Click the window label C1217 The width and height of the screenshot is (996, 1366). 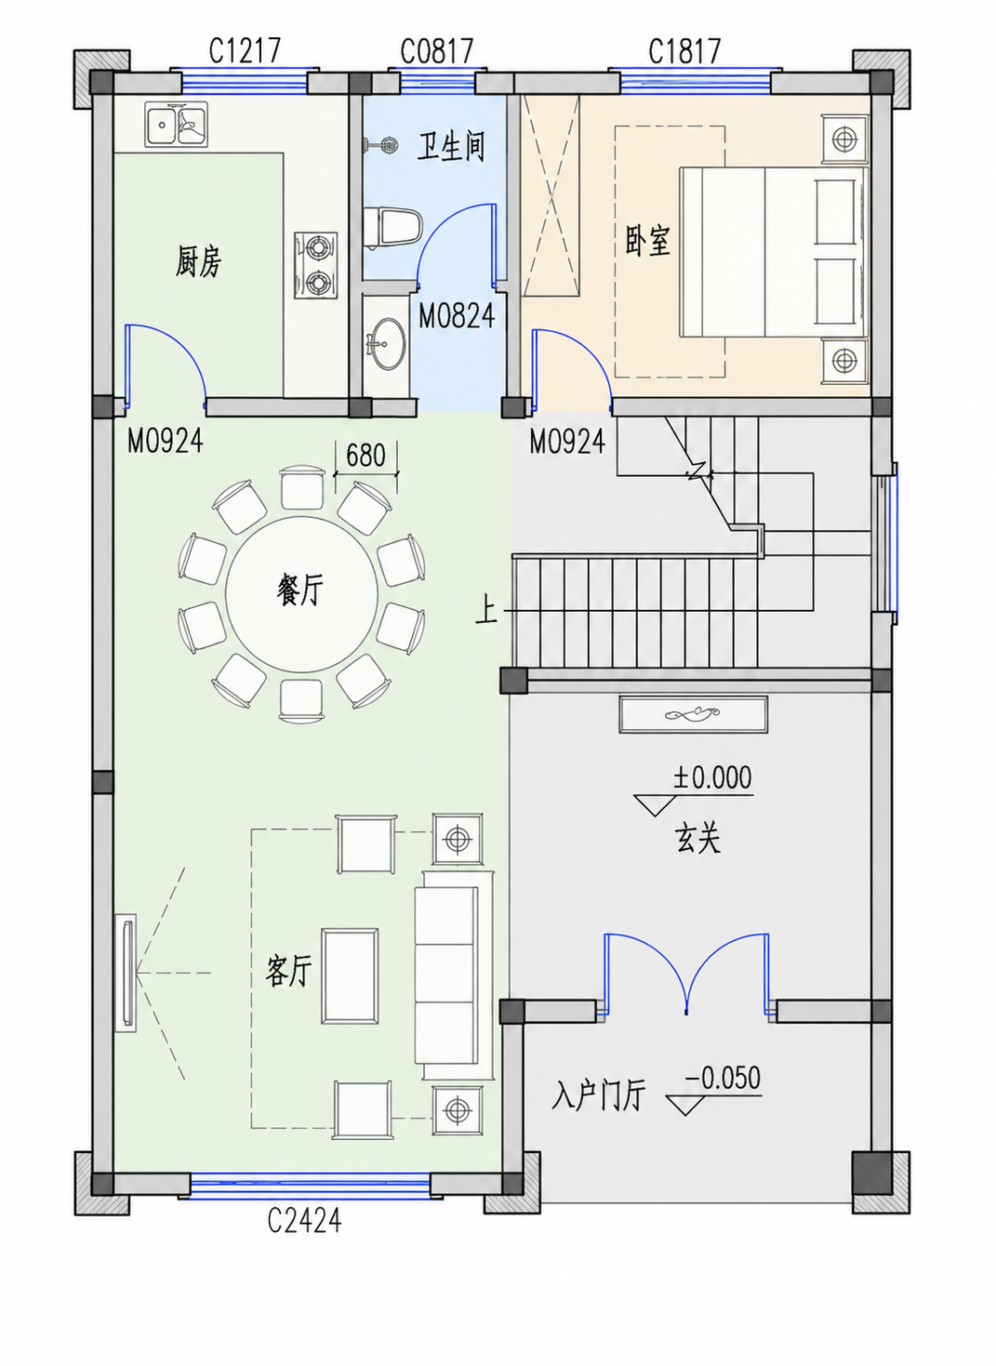245,50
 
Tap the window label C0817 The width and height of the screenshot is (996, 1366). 437,51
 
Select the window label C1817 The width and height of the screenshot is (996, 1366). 684,51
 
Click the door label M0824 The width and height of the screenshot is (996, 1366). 457,316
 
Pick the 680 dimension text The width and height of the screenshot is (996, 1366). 366,455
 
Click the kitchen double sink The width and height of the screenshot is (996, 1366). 177,125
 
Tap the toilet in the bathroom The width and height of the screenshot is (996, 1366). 392,228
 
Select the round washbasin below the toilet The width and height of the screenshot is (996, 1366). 387,343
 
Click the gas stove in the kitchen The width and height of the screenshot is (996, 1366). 316,265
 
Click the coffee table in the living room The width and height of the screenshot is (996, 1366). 350,975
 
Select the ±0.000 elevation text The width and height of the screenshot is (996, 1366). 712,778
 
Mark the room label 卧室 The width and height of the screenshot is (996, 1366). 648,241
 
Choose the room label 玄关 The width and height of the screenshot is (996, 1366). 697,839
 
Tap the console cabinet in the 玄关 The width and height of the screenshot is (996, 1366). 694,714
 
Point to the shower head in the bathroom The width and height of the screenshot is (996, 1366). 380,144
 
